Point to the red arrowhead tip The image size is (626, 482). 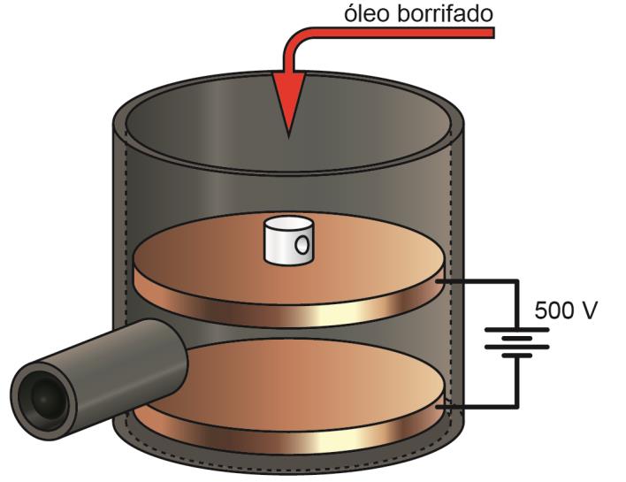coord(287,133)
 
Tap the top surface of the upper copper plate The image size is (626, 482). coord(371,261)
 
